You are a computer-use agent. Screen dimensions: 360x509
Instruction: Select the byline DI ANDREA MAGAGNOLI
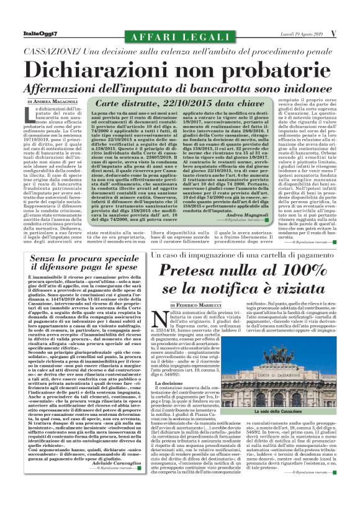52,101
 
